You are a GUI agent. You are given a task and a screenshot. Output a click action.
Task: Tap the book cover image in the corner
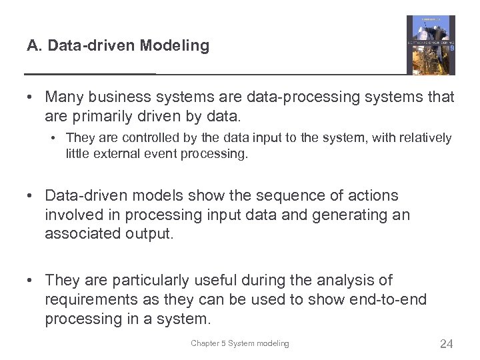click(431, 45)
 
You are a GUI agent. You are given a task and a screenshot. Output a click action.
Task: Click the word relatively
click(420, 138)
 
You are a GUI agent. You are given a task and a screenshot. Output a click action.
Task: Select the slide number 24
click(446, 344)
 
